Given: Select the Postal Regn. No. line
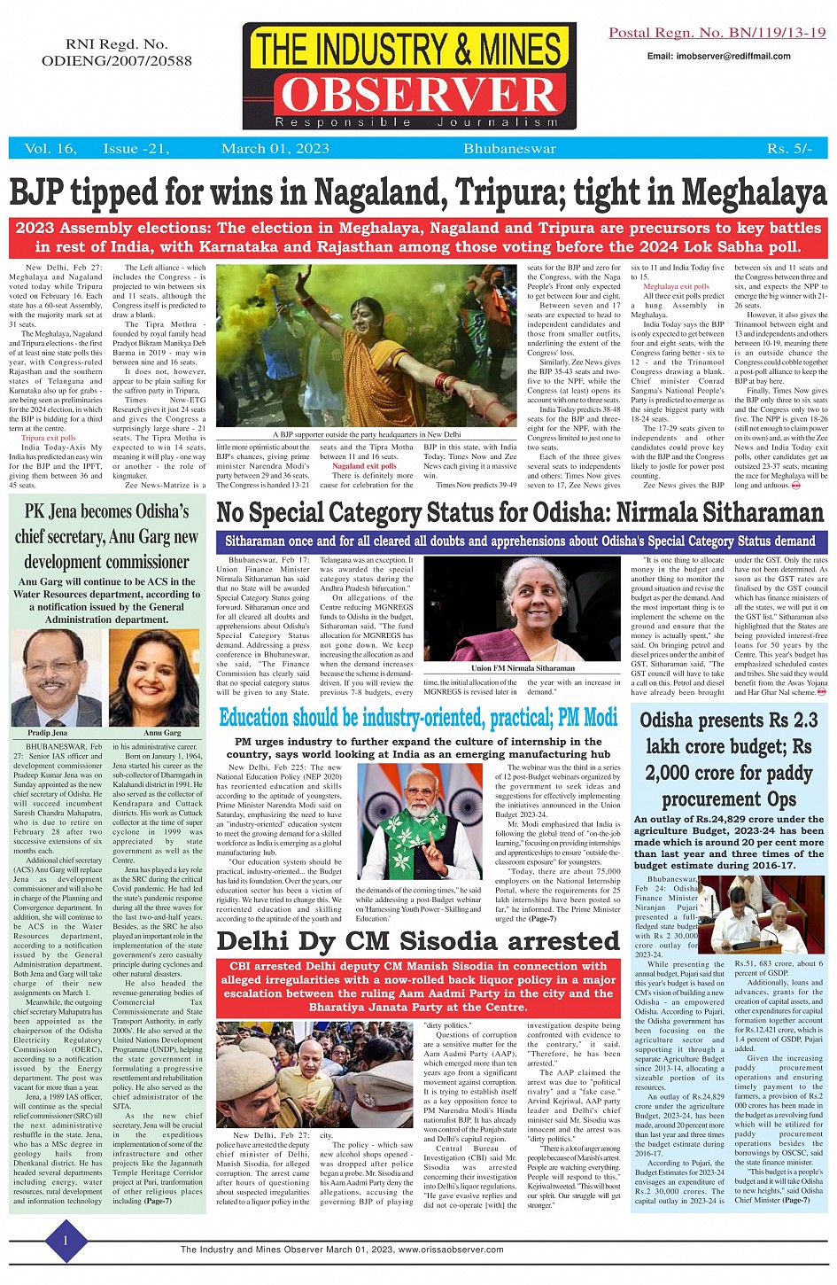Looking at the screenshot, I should tap(717, 33).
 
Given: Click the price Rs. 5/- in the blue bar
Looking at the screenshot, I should tap(789, 149).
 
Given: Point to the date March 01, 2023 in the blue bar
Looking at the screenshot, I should tap(275, 149).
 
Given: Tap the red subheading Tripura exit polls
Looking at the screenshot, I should tap(49, 438).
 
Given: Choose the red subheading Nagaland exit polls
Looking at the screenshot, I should tap(364, 466).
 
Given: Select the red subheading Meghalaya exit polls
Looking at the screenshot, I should tap(676, 286).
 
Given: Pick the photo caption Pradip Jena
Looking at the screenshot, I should tap(47, 733).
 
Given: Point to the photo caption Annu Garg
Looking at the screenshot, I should tap(162, 733).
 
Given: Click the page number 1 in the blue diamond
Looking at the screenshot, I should tap(65, 1241).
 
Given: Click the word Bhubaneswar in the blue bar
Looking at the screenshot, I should tap(509, 149).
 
